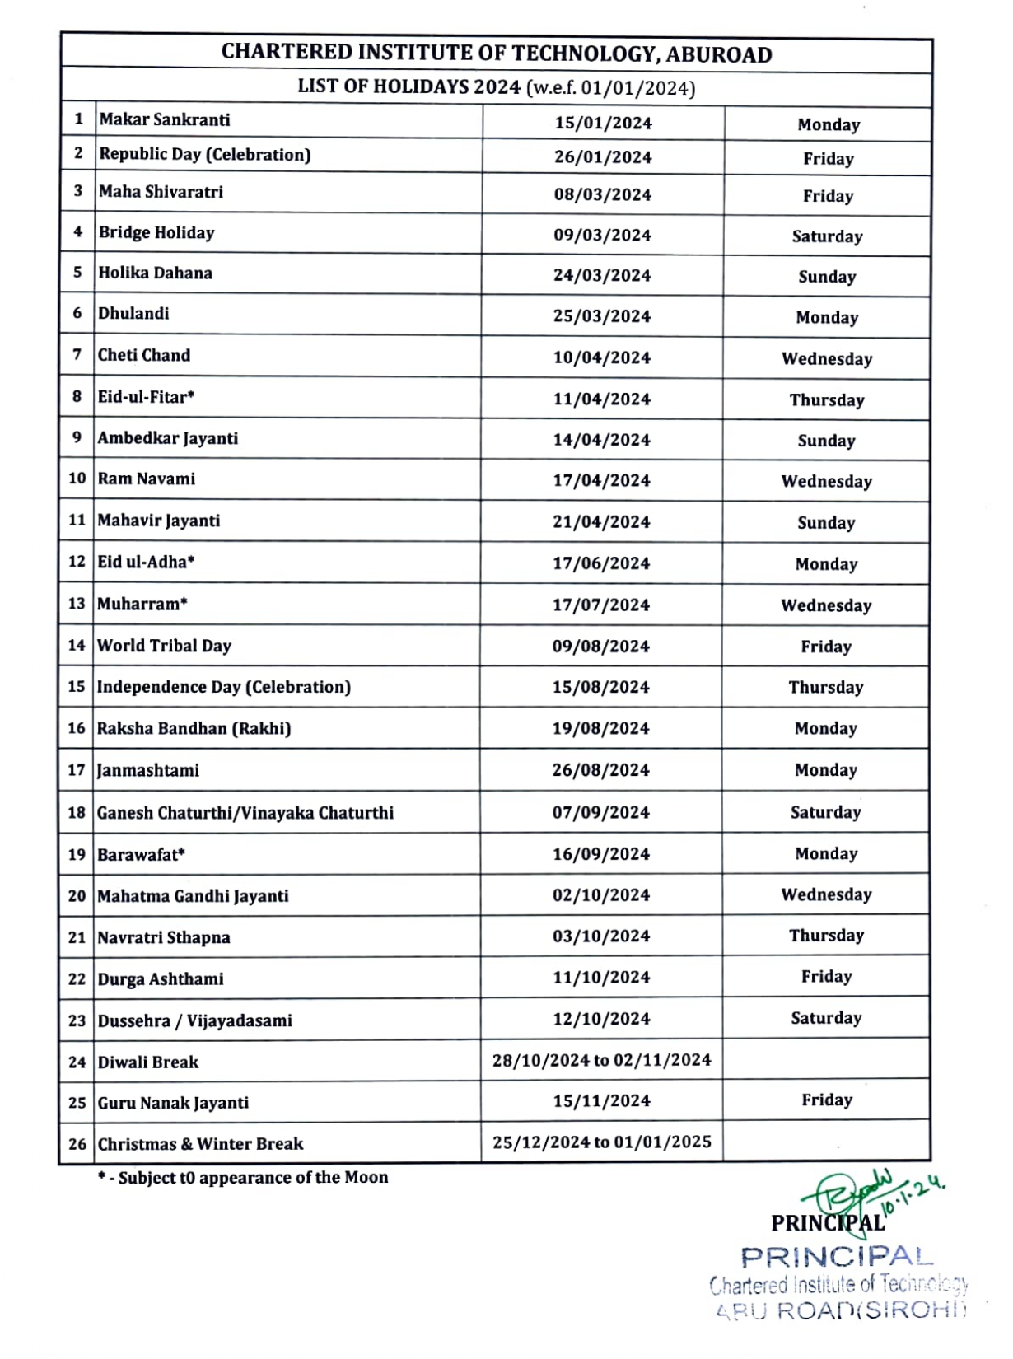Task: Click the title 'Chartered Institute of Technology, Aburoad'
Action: coord(497,54)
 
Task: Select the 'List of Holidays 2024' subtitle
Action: coord(497,88)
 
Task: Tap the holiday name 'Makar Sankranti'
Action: coord(165,120)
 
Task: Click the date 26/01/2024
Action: coord(603,157)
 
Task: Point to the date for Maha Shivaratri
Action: coord(603,195)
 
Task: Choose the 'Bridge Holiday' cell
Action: coord(156,233)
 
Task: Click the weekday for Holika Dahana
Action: coord(827,277)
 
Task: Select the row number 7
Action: coord(77,355)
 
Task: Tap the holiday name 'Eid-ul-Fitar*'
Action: coord(147,397)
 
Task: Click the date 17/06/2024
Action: coord(601,564)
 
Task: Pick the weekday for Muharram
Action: coord(826,605)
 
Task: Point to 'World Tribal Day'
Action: coord(165,646)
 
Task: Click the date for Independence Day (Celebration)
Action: coord(601,687)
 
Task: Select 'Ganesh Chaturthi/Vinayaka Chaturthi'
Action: coord(245,813)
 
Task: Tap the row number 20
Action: coord(77,896)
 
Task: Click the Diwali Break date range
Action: coord(602,1060)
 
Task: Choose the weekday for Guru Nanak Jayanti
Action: coord(827,1100)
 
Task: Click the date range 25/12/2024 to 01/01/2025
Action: coord(602,1142)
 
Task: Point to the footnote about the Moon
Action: coord(243,1178)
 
